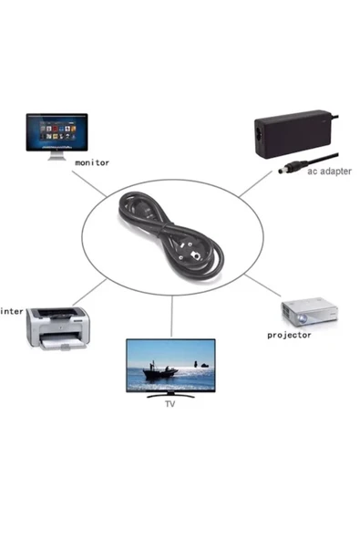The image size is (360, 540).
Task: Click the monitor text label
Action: tap(92, 163)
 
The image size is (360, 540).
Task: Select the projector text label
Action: tap(289, 335)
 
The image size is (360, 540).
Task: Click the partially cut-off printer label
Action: tap(12, 311)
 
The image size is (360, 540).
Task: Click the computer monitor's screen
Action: tap(57, 130)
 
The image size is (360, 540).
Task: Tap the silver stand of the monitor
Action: tap(57, 154)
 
